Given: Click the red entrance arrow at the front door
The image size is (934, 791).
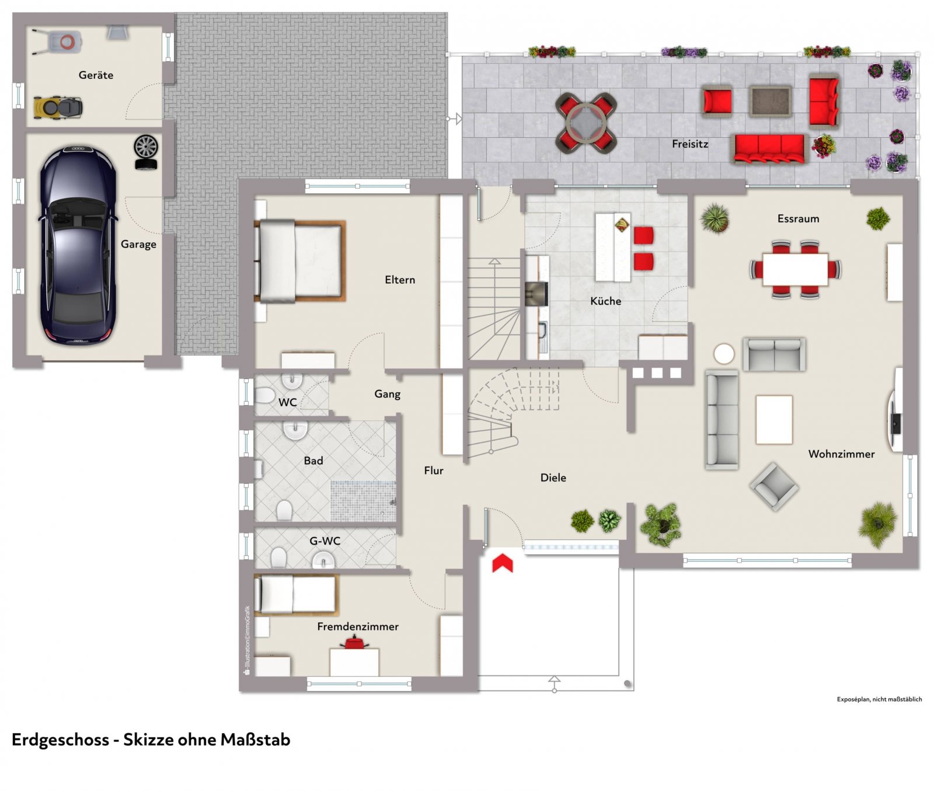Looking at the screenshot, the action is coord(502,563).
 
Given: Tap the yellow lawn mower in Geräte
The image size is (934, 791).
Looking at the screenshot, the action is coord(58,107).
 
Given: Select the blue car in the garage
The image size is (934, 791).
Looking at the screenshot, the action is coord(77,245).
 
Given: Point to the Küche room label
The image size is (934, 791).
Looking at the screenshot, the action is coord(605,301).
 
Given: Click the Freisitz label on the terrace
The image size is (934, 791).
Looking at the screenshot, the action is coord(690,144).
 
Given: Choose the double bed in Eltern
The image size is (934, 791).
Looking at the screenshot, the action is coord(300,261).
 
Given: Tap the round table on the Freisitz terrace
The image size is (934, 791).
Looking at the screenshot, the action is coord(586,123).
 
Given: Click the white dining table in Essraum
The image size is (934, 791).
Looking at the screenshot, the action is coord(795,269).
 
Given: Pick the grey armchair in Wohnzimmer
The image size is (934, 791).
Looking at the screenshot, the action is coord(774,486).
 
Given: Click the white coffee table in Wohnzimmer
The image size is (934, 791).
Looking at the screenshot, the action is coord(774,419).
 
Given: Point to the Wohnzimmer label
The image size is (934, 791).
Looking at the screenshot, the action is coord(841,454).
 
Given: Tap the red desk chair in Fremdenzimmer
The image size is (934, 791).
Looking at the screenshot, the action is coord(354,643).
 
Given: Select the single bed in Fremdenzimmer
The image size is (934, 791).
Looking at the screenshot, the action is coord(297,594).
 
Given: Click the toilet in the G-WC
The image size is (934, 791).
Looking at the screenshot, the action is coord(278,558).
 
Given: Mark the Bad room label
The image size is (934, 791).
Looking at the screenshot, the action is coord(313,461).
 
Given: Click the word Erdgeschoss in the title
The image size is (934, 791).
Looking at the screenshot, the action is coord(60,740).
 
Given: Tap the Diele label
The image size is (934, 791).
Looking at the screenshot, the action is coord(553,478).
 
